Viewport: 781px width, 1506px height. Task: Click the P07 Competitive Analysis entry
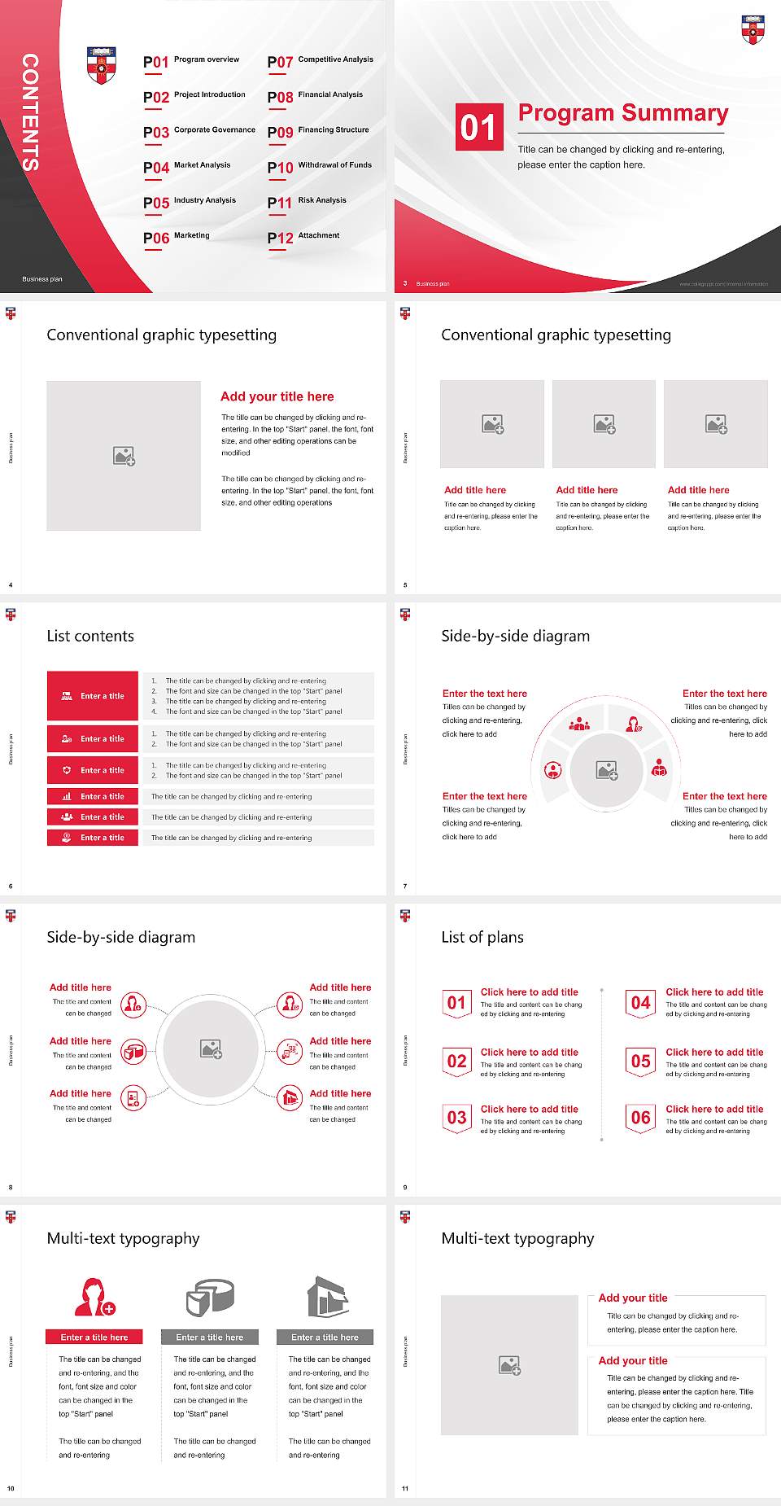[320, 61]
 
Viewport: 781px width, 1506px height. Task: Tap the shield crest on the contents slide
[101, 65]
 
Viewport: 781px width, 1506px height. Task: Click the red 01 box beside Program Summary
[479, 127]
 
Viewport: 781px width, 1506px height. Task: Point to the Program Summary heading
[622, 113]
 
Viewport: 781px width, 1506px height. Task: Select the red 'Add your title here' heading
[277, 396]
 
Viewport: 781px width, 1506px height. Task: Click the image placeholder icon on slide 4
[124, 456]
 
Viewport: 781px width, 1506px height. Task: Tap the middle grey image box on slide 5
[604, 424]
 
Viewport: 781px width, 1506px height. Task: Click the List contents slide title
[90, 636]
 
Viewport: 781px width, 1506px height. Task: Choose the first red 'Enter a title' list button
[93, 696]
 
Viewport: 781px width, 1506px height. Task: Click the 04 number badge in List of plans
[641, 1003]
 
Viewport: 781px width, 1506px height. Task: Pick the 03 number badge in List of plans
[457, 1118]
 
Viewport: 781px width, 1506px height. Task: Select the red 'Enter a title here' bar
[94, 1337]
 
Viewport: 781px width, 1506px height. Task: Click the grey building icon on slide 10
[327, 1296]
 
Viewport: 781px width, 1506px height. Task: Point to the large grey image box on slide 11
[509, 1365]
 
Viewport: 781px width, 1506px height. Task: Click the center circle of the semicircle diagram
[606, 770]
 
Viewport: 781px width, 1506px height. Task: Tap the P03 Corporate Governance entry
[199, 131]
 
